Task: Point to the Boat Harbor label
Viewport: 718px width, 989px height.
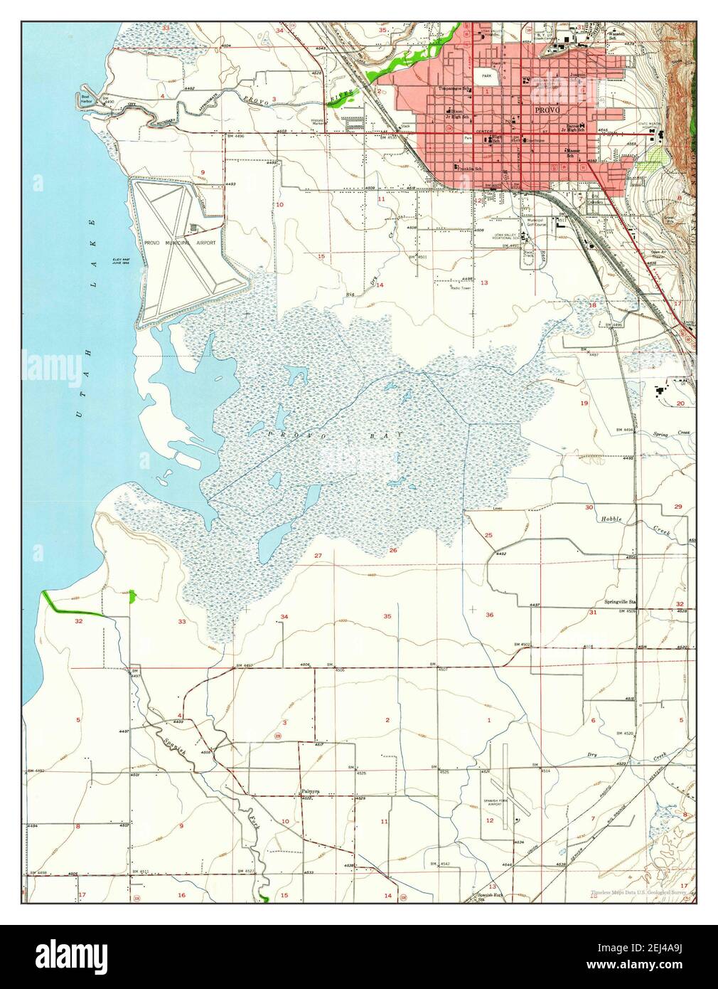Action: [x=87, y=98]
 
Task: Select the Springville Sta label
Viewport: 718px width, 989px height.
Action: [x=616, y=602]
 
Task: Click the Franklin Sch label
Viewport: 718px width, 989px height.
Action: [x=467, y=169]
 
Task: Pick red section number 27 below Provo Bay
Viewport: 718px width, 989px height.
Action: [x=318, y=555]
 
